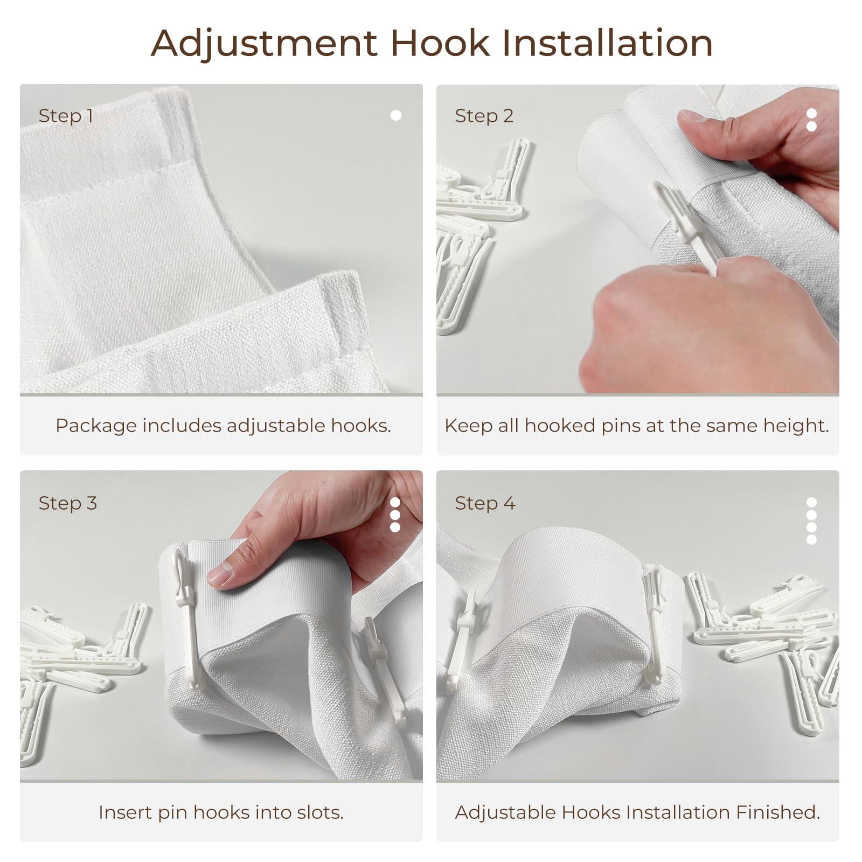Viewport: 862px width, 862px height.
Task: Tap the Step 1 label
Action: coord(66,116)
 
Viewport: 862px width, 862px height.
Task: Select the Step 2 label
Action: coord(484,116)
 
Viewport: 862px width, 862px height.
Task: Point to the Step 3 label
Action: coord(67,503)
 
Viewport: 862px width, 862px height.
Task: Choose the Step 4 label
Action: coord(485,503)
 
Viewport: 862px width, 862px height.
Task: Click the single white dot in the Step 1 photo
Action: coord(396,115)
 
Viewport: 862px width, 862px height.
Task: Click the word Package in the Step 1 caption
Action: coord(96,426)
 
